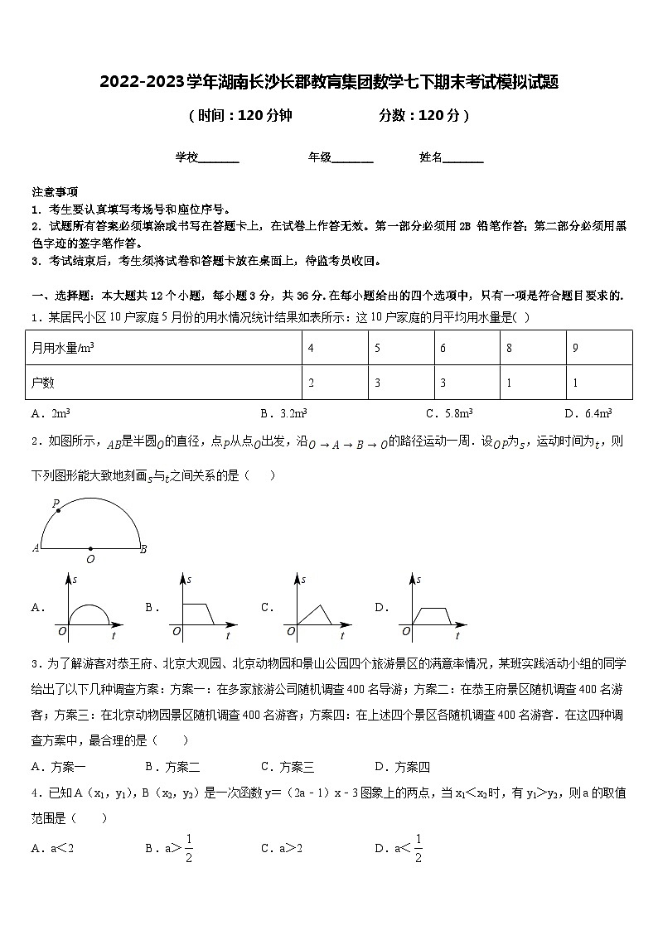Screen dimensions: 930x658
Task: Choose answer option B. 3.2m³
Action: pos(284,413)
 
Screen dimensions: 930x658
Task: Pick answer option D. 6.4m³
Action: pos(588,413)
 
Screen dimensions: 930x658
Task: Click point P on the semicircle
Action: pos(58,510)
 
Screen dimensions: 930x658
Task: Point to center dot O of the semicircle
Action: pos(90,548)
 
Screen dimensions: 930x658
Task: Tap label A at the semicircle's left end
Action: pos(36,548)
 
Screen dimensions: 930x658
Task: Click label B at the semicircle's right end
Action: pos(144,548)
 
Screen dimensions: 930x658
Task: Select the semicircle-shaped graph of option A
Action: pos(88,613)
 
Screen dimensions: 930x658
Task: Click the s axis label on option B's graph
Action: pos(190,579)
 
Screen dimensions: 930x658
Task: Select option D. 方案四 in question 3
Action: pos(402,767)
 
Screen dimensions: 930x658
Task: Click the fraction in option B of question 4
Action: pos(188,847)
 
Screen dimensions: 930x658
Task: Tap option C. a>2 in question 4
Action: pos(282,847)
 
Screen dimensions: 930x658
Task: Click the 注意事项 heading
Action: pos(55,191)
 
